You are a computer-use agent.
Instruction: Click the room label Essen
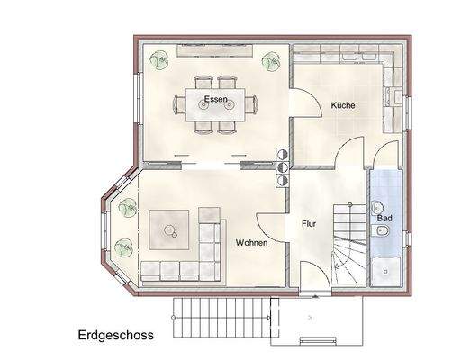coord(215,98)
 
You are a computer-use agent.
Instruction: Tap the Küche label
coord(342,105)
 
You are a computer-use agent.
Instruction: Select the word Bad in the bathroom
coord(384,219)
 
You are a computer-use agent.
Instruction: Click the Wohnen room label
coord(251,243)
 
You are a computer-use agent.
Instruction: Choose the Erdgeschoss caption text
coord(115,334)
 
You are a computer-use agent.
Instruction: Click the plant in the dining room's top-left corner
coord(161,61)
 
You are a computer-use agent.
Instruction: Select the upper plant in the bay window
coord(124,210)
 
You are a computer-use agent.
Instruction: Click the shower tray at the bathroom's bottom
coord(388,267)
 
